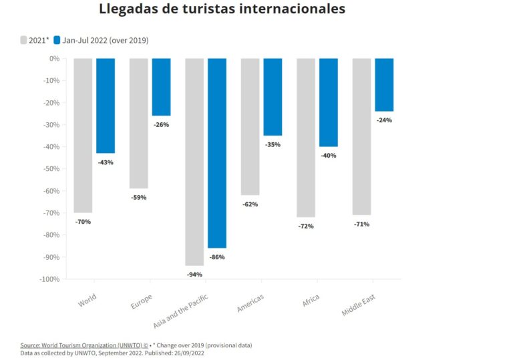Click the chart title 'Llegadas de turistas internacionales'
point(222,9)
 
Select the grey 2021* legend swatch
point(23,40)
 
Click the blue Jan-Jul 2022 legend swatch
point(57,40)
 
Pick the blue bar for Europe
point(161,87)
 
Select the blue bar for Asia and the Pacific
point(216,153)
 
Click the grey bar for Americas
point(250,126)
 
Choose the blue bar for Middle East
point(384,85)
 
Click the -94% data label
point(194,275)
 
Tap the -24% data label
point(384,120)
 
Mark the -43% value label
point(106,162)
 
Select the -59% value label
point(138,197)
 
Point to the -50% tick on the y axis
point(51,169)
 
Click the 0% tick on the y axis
point(54,59)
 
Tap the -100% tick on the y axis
point(49,279)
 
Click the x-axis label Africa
point(311,301)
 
